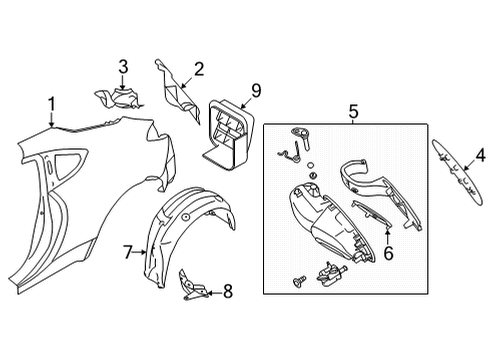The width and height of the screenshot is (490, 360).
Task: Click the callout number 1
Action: click(x=51, y=104)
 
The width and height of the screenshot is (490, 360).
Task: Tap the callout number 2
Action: click(x=198, y=69)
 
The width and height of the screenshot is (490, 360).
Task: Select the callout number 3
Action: click(x=123, y=67)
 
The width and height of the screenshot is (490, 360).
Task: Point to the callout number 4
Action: click(x=481, y=156)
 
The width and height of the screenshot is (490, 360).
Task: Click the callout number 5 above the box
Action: click(x=353, y=111)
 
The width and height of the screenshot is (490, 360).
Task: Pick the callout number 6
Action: click(x=388, y=253)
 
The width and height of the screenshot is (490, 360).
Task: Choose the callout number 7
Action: click(x=128, y=252)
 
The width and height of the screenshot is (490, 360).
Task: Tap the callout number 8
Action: click(x=228, y=292)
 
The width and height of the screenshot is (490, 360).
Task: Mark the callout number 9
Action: click(x=256, y=91)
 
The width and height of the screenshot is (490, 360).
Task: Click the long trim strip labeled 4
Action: click(x=457, y=172)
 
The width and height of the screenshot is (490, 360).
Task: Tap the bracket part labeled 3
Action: click(x=120, y=98)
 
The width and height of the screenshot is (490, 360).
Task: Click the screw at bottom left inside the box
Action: click(x=299, y=280)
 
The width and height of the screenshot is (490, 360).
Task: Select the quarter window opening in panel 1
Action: click(x=70, y=162)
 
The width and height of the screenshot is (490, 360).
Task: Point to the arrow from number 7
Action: click(x=140, y=252)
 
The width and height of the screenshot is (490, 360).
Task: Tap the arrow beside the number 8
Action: click(x=214, y=293)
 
